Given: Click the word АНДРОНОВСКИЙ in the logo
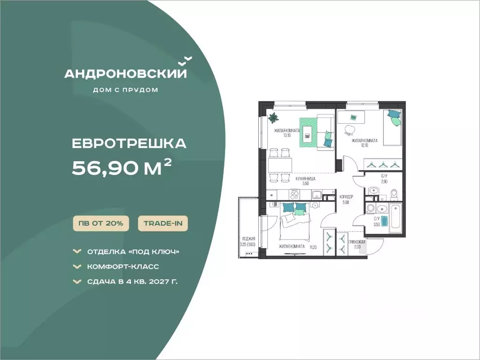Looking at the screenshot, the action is (125, 74).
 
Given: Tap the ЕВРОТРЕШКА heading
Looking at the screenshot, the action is (129, 143).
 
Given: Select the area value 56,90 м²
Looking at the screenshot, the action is (121, 168).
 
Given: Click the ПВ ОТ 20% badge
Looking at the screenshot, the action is (101, 224).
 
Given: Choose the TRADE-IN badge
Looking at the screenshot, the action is (163, 224).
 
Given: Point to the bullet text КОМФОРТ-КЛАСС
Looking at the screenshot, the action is (123, 267).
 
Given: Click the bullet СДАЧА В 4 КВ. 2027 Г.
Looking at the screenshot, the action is (132, 281).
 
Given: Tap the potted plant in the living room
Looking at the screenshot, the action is (273, 118).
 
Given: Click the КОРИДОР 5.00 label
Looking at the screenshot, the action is (346, 200).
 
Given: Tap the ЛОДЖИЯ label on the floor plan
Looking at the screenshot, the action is (248, 239).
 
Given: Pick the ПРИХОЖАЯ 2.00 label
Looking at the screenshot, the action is (357, 244).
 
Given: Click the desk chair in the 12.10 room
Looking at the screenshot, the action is (349, 130).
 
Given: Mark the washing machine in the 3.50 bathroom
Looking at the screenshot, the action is (370, 208).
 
